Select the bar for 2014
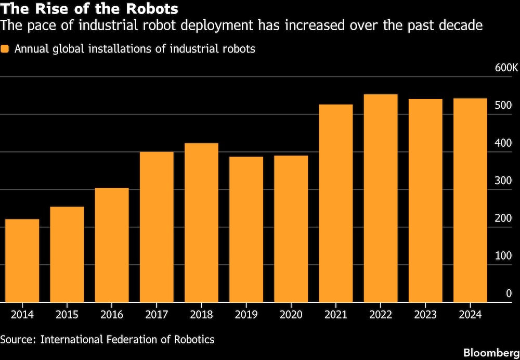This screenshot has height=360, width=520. click(x=22, y=261)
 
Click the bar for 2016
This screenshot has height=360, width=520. click(x=112, y=245)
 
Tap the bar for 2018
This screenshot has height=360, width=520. click(x=201, y=223)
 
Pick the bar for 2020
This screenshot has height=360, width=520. click(x=291, y=229)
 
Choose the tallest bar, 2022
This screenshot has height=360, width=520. click(x=381, y=198)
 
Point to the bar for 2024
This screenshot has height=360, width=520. click(x=470, y=200)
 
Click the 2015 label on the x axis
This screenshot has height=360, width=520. click(x=67, y=315)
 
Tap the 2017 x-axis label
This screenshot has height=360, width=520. click(x=157, y=315)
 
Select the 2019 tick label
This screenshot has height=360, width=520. click(x=246, y=315)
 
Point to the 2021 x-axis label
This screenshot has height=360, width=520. click(x=336, y=315)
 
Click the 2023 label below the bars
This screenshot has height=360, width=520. click(x=425, y=315)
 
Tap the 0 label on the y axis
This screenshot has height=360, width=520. click(x=509, y=293)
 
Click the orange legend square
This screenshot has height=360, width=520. click(x=5, y=49)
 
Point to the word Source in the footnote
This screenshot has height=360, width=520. click(x=17, y=339)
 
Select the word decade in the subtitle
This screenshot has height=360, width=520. click(x=461, y=25)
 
